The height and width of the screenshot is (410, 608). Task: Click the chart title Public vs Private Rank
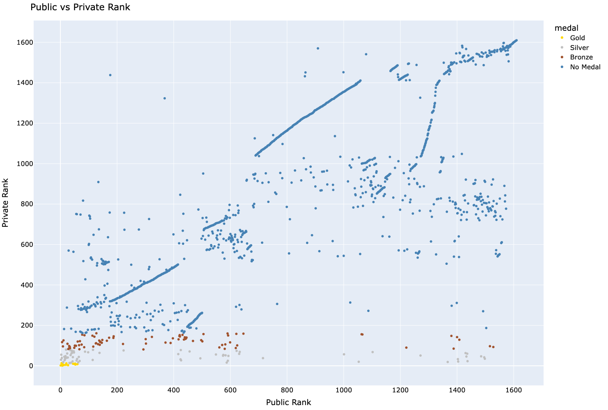click(80, 7)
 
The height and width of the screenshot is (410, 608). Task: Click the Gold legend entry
click(577, 38)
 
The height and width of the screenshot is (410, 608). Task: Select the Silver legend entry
click(579, 48)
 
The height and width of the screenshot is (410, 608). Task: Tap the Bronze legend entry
click(581, 57)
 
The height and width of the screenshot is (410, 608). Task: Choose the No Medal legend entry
click(585, 67)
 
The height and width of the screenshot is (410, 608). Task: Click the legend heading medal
click(566, 28)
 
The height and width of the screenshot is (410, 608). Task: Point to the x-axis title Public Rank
click(288, 402)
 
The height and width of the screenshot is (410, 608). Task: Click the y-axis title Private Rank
click(6, 203)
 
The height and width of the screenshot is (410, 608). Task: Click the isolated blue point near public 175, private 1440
click(110, 75)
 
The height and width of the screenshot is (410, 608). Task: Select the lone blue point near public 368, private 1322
click(165, 98)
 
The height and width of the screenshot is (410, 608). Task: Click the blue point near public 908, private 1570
click(318, 48)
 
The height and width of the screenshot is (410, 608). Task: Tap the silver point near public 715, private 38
click(263, 358)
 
